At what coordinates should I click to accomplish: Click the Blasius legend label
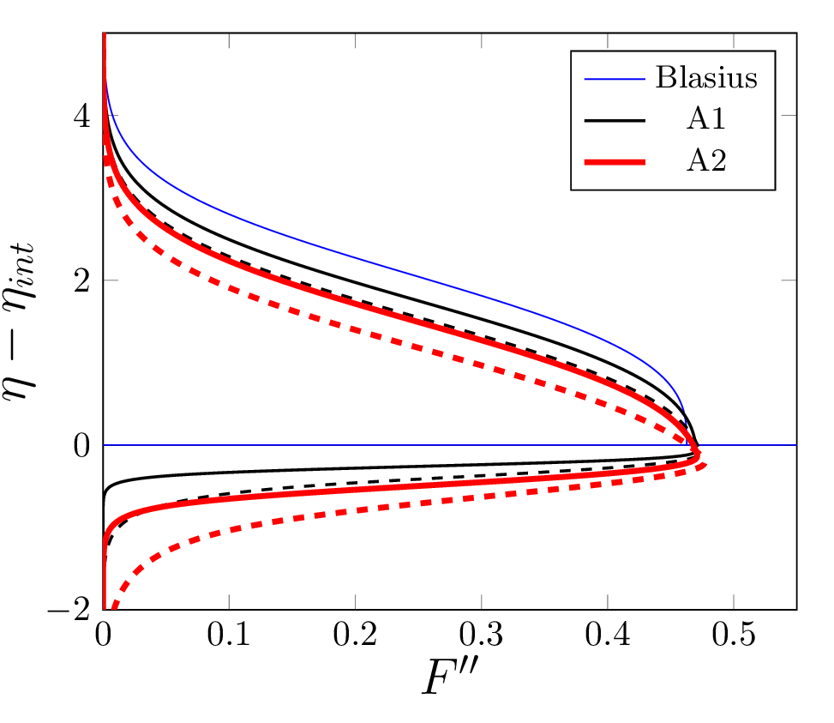pos(706,78)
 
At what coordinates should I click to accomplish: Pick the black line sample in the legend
pos(615,120)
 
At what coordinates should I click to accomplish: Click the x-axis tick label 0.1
pos(228,637)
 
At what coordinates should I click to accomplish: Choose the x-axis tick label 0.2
pos(355,637)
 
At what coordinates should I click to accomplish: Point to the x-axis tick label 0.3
pos(481,637)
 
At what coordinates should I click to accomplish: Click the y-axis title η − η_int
pos(31,343)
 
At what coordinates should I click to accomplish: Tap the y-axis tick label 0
pos(82,445)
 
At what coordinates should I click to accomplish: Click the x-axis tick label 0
pos(103,637)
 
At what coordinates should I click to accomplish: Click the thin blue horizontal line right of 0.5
pos(763,445)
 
